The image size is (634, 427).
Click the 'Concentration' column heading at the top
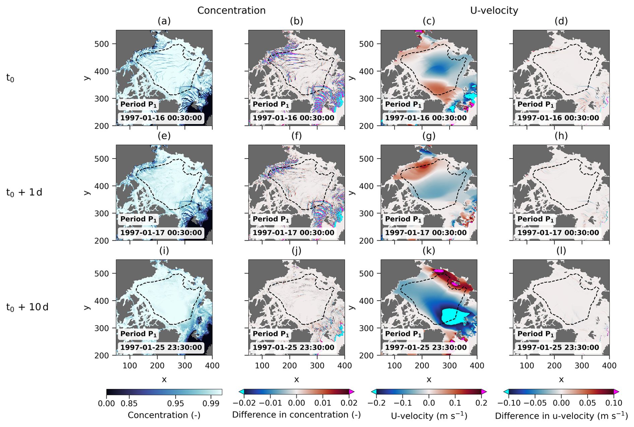(x=231, y=10)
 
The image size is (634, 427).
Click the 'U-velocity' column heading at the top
(x=494, y=10)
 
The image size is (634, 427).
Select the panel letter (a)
(x=164, y=21)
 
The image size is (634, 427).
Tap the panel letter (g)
(x=429, y=136)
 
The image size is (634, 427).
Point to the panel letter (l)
(x=561, y=251)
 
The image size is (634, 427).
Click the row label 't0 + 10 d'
(x=27, y=307)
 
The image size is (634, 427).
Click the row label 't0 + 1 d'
(x=24, y=193)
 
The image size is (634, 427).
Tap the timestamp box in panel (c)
(x=426, y=118)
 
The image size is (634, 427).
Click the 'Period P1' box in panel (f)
(x=271, y=219)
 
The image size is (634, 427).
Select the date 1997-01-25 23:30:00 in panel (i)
(x=161, y=348)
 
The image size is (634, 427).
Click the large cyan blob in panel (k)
(x=454, y=316)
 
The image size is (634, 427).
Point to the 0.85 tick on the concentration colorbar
(x=129, y=403)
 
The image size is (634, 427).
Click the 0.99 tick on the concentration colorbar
(x=211, y=403)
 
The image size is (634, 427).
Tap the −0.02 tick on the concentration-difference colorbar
(x=244, y=403)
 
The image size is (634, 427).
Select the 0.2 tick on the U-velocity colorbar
(x=481, y=403)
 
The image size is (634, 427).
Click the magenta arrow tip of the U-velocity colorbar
(x=484, y=392)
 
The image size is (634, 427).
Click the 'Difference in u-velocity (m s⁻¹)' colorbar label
(x=561, y=416)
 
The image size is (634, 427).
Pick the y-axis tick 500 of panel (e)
(x=101, y=159)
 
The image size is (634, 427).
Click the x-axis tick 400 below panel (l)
(x=609, y=366)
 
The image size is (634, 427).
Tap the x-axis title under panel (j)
(x=297, y=380)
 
